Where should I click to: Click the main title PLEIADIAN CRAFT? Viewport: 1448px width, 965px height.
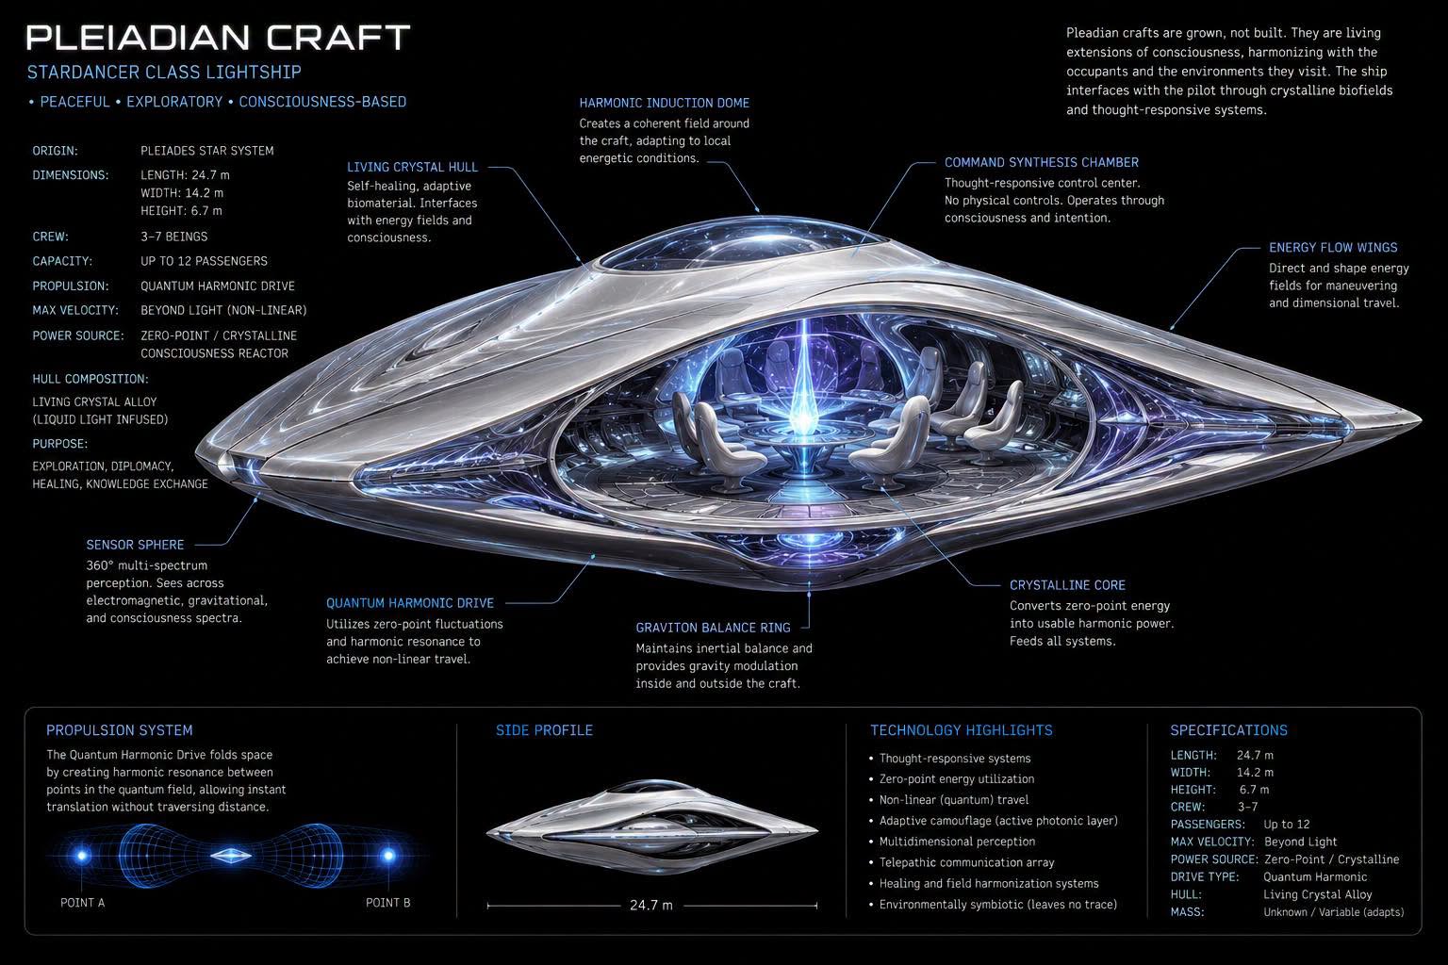tap(218, 38)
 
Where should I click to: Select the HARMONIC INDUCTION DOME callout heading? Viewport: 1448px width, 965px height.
tap(664, 103)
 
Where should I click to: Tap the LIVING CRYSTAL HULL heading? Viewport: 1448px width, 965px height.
tap(412, 167)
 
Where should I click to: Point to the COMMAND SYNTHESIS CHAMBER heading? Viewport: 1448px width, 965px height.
tap(1042, 162)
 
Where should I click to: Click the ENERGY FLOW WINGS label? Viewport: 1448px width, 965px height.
tap(1333, 248)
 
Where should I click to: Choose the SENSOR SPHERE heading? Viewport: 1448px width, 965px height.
tap(135, 545)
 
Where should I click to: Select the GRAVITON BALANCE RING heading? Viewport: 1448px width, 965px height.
tap(713, 628)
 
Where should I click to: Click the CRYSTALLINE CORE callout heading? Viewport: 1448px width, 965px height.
tap(1067, 585)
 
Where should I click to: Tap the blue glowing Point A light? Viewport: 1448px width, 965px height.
tap(82, 855)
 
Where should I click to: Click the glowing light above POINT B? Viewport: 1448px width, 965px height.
tap(388, 855)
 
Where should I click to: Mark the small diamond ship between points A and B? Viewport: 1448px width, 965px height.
tap(231, 855)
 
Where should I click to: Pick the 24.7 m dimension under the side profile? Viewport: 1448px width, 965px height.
tap(651, 905)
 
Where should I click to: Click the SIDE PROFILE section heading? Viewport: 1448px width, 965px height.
tap(544, 730)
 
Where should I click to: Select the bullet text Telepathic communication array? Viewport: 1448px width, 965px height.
tap(966, 862)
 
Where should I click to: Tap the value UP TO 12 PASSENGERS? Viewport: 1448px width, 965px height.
tap(205, 261)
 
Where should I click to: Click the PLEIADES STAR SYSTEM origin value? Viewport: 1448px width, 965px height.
tap(207, 151)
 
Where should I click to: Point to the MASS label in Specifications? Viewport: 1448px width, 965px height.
tap(1187, 912)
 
